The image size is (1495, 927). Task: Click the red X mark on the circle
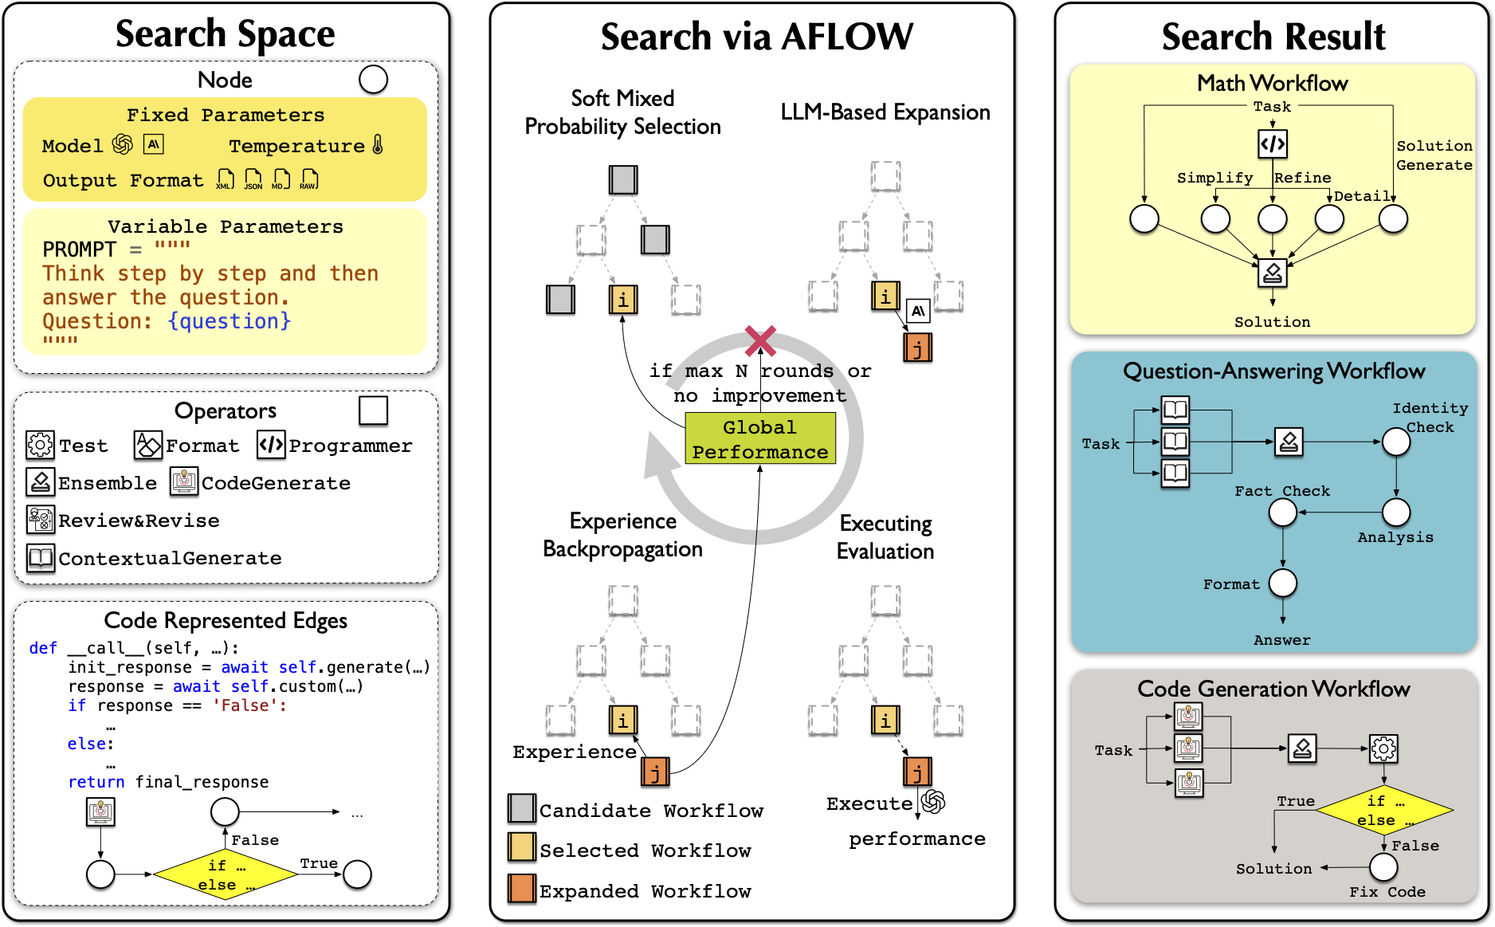pos(760,340)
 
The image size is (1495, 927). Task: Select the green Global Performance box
pos(759,438)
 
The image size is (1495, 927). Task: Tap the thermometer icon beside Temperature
pos(378,145)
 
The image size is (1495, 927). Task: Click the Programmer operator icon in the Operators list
pos(271,445)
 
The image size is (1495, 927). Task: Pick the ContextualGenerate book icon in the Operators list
pos(41,557)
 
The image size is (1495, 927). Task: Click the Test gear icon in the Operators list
pos(40,445)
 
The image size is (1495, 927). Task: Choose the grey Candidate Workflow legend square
pos(522,808)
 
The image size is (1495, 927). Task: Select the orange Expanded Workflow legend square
pos(522,889)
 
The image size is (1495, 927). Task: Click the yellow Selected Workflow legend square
pos(522,848)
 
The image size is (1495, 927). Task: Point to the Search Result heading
pos(1273,37)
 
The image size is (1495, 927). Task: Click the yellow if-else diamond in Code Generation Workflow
pos(1383,810)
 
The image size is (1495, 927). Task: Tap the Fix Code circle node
pos(1383,867)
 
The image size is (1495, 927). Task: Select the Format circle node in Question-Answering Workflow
pos(1282,583)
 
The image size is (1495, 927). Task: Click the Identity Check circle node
pos(1395,442)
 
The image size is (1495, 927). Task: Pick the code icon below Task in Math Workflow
pos(1272,143)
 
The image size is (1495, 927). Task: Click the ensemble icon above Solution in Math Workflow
pos(1272,273)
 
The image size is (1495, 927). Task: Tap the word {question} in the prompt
pos(230,321)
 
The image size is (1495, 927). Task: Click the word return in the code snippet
pos(96,782)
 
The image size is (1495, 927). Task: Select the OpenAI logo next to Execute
pos(932,802)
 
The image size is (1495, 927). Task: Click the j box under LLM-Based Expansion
pos(917,348)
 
